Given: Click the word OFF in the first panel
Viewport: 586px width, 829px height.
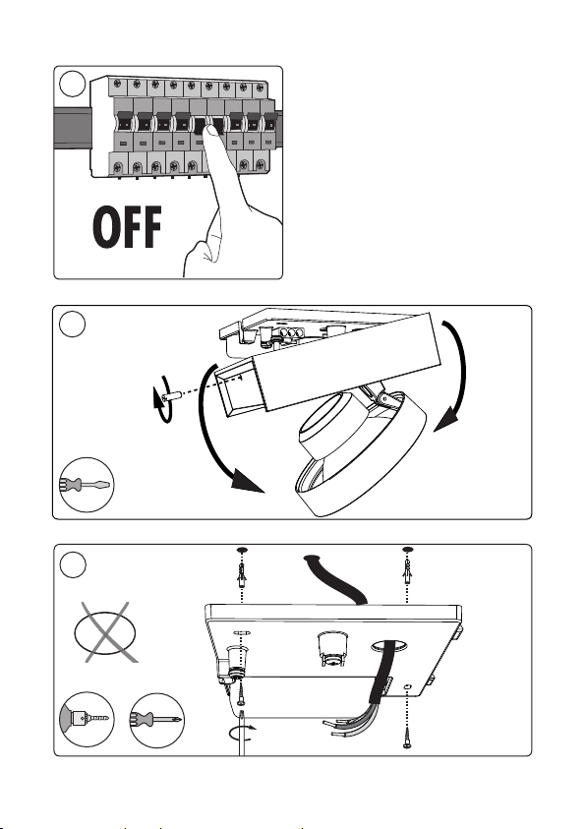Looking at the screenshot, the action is tap(127, 227).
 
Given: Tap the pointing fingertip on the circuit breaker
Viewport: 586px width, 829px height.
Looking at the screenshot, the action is tap(212, 132).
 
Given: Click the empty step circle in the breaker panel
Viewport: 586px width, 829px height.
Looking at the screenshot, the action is tap(72, 84).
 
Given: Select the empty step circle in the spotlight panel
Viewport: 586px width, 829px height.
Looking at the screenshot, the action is tap(72, 324).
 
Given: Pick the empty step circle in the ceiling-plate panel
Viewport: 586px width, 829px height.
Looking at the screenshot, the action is tap(73, 564).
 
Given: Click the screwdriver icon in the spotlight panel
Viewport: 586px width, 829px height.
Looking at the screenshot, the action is tap(86, 484).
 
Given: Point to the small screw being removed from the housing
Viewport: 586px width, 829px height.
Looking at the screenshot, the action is tap(173, 396).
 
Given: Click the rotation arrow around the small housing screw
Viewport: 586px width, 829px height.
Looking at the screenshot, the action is tap(161, 399).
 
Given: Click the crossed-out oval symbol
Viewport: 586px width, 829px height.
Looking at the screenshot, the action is tap(105, 632).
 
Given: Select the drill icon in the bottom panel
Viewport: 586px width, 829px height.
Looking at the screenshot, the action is tap(87, 719).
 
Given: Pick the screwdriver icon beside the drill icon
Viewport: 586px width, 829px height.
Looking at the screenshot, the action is tap(156, 720).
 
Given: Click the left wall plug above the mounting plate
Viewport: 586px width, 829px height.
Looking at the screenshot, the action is tap(242, 576).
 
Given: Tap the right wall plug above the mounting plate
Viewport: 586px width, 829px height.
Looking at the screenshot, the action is tap(407, 573).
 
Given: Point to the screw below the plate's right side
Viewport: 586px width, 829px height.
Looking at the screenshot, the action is tap(407, 739).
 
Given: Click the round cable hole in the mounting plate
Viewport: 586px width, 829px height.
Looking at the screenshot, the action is tap(388, 645).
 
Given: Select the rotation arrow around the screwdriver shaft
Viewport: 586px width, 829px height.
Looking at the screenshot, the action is tap(243, 734).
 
